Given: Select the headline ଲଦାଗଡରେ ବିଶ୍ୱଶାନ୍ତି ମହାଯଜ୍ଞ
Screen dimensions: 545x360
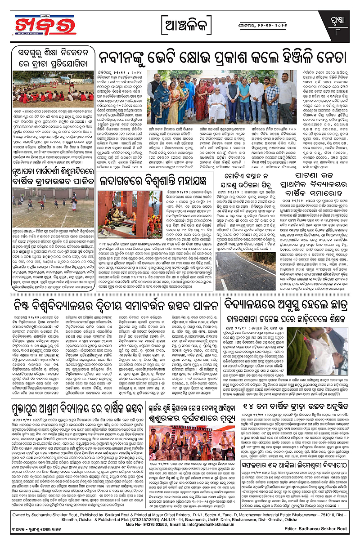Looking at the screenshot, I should (x=163, y=182).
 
